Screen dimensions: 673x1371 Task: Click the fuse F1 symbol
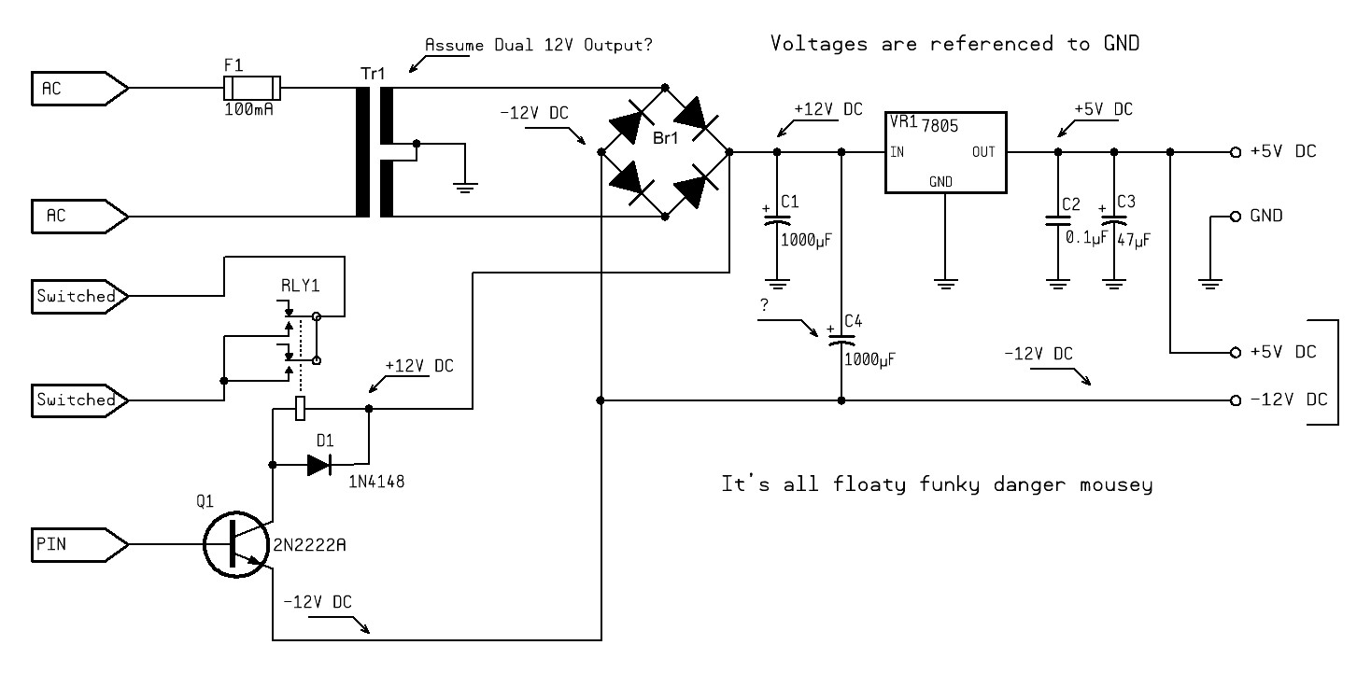251,89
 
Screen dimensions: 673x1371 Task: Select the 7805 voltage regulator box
945,151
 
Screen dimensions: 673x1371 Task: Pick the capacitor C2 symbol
1057,220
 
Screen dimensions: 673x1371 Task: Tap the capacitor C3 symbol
1113,220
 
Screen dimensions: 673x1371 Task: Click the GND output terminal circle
1235,216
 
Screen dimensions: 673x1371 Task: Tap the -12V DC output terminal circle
1235,400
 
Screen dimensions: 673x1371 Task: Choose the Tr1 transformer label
373,73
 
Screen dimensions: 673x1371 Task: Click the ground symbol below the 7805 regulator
945,279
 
